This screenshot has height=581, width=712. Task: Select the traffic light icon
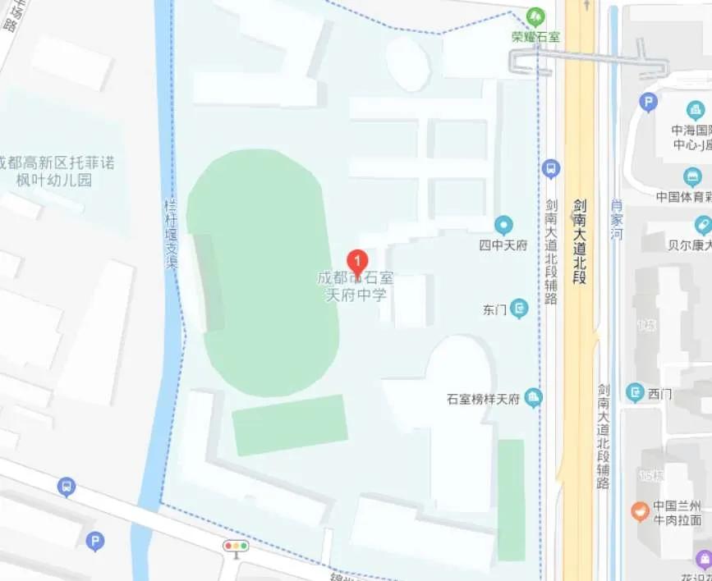pyautogui.click(x=236, y=546)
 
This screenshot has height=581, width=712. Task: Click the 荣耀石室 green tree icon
pyautogui.click(x=535, y=16)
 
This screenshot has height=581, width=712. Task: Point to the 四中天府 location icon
pyautogui.click(x=503, y=225)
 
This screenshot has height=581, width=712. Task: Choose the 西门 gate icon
pyautogui.click(x=635, y=393)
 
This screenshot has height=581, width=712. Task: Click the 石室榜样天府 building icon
pyautogui.click(x=534, y=399)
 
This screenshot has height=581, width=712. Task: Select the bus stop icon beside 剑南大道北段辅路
pyautogui.click(x=551, y=169)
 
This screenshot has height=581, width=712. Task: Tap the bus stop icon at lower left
pyautogui.click(x=67, y=487)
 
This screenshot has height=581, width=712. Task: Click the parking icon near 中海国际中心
pyautogui.click(x=648, y=103)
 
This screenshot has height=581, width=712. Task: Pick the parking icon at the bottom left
pyautogui.click(x=95, y=541)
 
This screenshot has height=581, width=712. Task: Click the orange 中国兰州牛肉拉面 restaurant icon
pyautogui.click(x=641, y=510)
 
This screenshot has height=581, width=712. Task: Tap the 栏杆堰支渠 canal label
pyautogui.click(x=172, y=234)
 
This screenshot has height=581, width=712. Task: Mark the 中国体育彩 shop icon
pyautogui.click(x=692, y=176)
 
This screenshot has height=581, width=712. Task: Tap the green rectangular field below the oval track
pyautogui.click(x=290, y=424)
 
